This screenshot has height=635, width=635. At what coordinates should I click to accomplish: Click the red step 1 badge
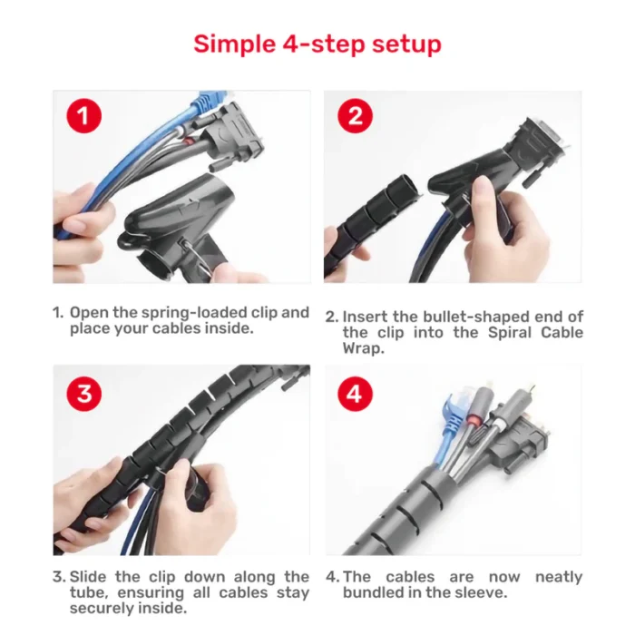click(x=83, y=116)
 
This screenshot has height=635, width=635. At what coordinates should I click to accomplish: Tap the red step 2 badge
click(x=355, y=116)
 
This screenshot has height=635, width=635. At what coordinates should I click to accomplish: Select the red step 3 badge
click(x=83, y=393)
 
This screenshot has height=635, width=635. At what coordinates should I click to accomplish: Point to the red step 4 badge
click(x=355, y=393)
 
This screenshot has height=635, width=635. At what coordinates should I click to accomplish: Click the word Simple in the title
click(x=231, y=44)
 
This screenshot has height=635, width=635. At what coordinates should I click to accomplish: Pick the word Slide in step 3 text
click(x=89, y=577)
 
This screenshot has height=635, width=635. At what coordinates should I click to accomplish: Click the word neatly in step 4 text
click(x=560, y=577)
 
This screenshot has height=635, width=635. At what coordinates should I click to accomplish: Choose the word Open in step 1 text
click(x=90, y=313)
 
